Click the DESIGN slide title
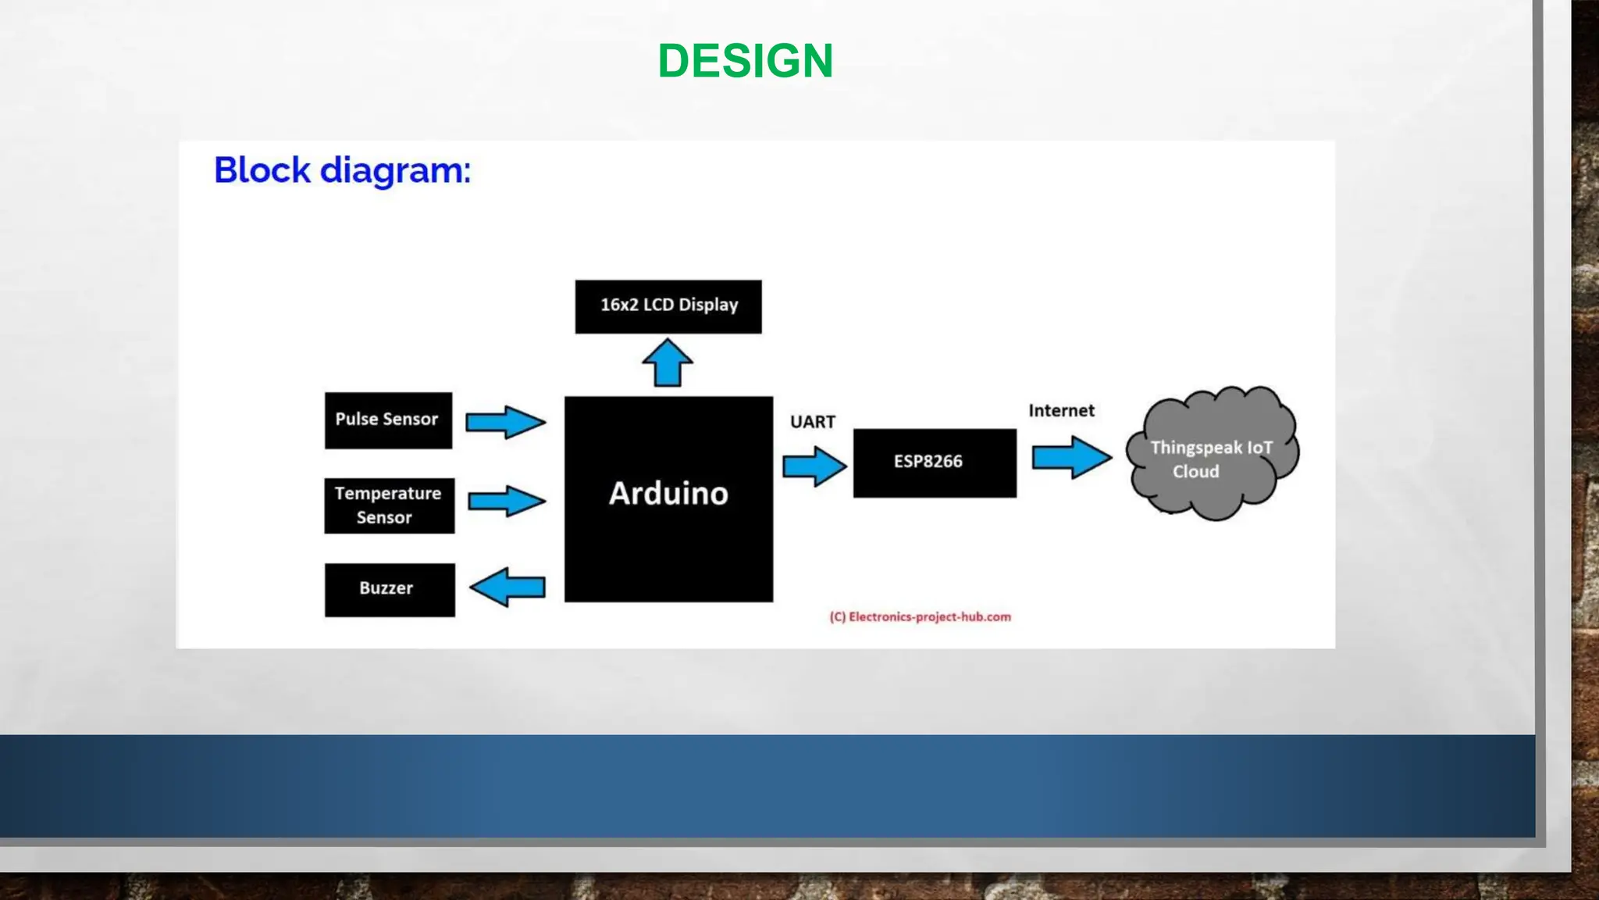point(746,61)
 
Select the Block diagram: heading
point(342,170)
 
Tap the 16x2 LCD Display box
point(668,306)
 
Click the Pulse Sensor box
point(388,420)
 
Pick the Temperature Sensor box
point(389,505)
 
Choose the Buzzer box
point(390,590)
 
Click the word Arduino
point(668,494)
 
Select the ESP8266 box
point(935,462)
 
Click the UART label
point(812,422)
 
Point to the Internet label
point(1061,411)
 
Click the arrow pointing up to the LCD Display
point(668,362)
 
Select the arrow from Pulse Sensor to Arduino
point(505,422)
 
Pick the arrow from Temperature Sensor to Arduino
point(506,501)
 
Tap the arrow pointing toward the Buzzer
point(507,587)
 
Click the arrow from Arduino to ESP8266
point(814,466)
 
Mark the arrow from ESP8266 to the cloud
point(1071,457)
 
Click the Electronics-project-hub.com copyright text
point(920,617)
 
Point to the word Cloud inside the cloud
point(1195,472)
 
